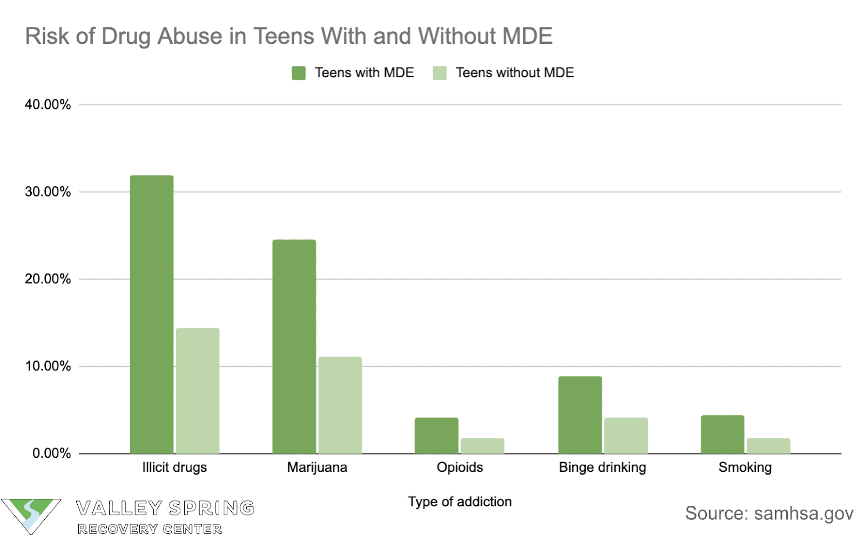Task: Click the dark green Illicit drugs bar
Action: coord(152,314)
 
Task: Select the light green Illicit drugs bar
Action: coord(198,390)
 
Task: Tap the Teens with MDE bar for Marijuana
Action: coord(294,346)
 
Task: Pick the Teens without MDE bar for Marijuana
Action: coord(340,405)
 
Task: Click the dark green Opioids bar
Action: coord(436,435)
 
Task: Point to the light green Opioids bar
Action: coord(482,445)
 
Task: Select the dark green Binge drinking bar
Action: coord(580,415)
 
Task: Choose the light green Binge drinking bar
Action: coord(626,435)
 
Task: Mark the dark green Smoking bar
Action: coord(723,434)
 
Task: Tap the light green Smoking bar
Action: coord(768,445)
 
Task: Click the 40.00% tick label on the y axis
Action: coord(48,105)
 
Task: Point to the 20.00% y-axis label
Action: coord(48,279)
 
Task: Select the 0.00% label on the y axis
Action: coord(51,453)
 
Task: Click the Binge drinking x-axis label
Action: coord(602,468)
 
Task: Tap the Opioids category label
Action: coord(460,468)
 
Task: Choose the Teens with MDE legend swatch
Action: coord(299,73)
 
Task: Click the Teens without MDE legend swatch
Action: coord(440,73)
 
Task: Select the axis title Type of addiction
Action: coord(460,502)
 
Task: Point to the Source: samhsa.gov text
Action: coord(769,513)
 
